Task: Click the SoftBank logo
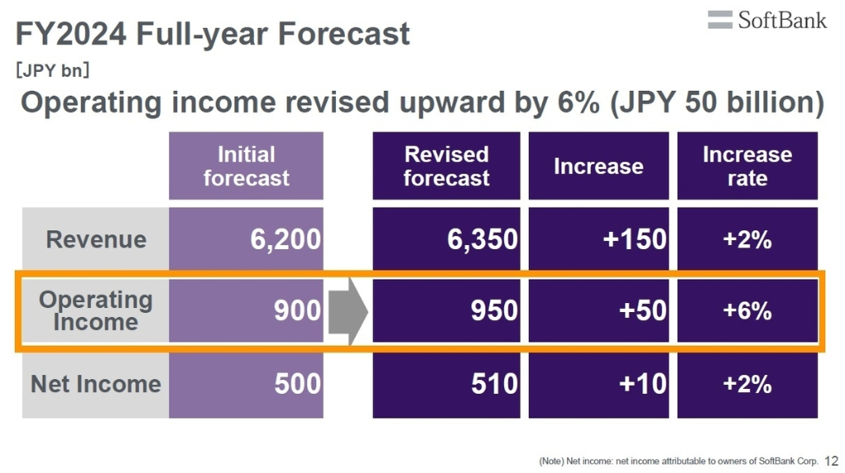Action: [767, 20]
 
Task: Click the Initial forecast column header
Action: [246, 166]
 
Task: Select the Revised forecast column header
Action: [446, 166]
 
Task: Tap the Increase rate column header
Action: [747, 166]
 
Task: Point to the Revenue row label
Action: [96, 239]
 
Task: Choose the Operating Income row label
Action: [96, 310]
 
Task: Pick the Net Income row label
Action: [96, 384]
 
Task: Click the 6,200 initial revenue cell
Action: [285, 239]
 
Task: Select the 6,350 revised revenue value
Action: [483, 239]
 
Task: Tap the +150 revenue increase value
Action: [635, 239]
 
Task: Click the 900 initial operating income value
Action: [297, 310]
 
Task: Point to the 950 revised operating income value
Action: [494, 310]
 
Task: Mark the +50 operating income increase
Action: [643, 310]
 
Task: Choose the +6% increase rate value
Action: [747, 310]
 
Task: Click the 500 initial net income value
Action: [297, 384]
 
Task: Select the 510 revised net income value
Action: [494, 384]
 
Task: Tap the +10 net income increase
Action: [643, 384]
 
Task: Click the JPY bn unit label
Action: [51, 70]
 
